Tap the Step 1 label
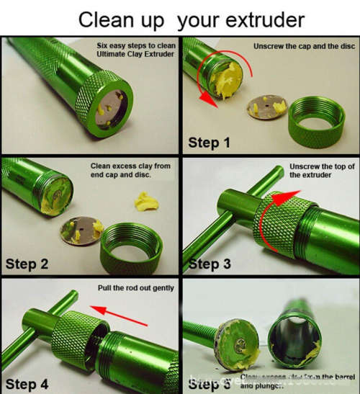click(x=209, y=143)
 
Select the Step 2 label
click(x=27, y=264)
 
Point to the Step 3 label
click(x=210, y=264)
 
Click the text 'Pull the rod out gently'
click(x=135, y=288)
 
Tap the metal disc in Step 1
click(x=263, y=109)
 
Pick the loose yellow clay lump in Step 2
click(x=148, y=201)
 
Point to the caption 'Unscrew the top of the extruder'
click(x=322, y=171)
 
